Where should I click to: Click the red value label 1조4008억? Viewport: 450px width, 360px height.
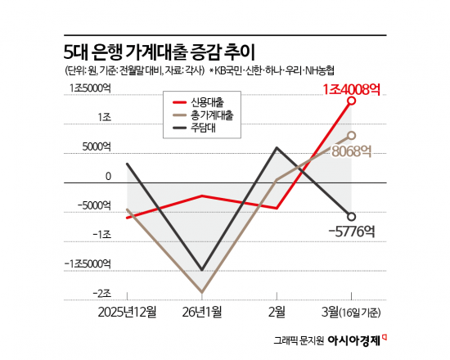pyautogui.click(x=352, y=87)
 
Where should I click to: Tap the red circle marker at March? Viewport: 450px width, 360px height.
pyautogui.click(x=352, y=101)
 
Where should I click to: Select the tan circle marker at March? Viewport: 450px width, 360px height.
pyautogui.click(x=352, y=135)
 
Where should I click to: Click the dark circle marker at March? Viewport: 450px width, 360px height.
pyautogui.click(x=352, y=217)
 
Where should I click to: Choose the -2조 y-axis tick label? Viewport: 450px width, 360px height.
pyautogui.click(x=101, y=293)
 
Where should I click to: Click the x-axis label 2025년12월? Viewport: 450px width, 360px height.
pyautogui.click(x=127, y=312)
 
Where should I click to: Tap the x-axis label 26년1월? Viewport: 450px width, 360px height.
pyautogui.click(x=203, y=312)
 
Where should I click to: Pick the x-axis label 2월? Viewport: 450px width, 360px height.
pyautogui.click(x=277, y=312)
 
